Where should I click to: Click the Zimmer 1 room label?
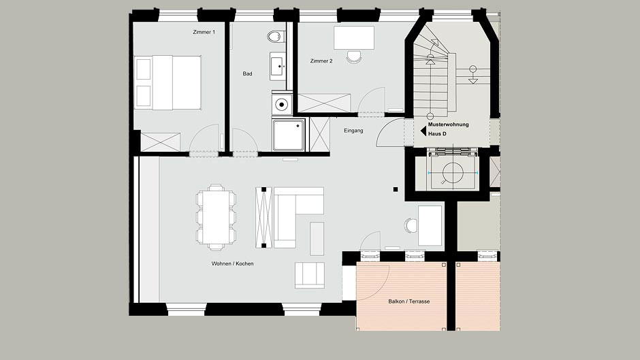(x=204, y=32)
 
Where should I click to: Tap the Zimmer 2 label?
(x=321, y=61)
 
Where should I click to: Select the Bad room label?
(x=247, y=74)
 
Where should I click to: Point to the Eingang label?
(x=353, y=131)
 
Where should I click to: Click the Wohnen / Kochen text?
(x=232, y=263)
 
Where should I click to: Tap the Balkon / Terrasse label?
(x=409, y=301)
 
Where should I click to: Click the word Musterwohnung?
(x=448, y=125)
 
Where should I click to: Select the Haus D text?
(x=437, y=134)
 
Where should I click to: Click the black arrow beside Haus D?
(x=423, y=131)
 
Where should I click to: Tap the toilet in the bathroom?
(x=276, y=37)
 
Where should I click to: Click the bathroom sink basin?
(x=277, y=65)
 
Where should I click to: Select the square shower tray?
(x=289, y=135)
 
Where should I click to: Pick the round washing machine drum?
(x=282, y=105)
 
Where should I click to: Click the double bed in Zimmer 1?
(x=168, y=82)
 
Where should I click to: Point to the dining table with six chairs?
(x=216, y=217)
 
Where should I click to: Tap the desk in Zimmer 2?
(x=354, y=38)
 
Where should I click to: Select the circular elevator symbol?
(x=452, y=173)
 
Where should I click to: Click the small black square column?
(x=396, y=189)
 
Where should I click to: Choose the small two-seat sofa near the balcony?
(x=310, y=276)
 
